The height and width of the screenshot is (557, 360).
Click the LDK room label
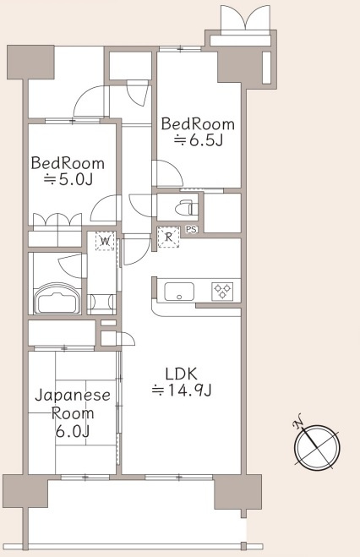(x=182, y=371)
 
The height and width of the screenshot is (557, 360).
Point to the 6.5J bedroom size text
(x=199, y=140)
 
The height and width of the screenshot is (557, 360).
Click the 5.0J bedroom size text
(x=68, y=180)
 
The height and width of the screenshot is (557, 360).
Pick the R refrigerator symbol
(x=169, y=238)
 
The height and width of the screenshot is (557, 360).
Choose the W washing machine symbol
(x=105, y=242)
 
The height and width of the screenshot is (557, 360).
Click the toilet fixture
(x=183, y=205)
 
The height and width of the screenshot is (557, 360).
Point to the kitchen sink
(x=178, y=292)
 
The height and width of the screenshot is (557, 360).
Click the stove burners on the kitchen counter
(x=222, y=292)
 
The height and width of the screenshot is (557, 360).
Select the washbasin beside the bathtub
(x=101, y=300)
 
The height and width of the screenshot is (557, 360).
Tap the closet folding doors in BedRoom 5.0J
(x=57, y=221)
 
